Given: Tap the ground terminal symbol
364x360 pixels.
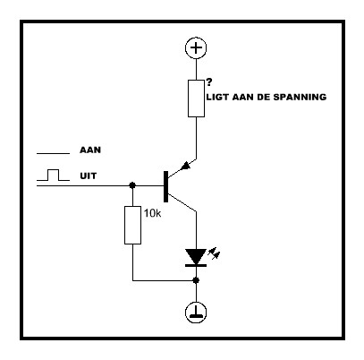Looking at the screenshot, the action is point(196,313).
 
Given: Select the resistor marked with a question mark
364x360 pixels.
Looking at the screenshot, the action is point(196,99).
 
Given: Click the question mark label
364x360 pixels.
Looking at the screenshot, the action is point(209,82).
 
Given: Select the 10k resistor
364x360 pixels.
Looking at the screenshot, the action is point(132,225).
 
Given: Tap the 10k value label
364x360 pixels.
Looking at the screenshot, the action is point(152,213).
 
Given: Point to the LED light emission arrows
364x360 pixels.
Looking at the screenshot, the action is point(214,253).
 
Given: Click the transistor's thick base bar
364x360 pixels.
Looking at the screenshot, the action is point(165,187).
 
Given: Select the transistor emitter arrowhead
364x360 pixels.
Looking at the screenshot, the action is point(186,166).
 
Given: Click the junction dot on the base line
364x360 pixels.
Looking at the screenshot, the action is point(132,185).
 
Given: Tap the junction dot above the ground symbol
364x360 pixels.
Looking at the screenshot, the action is point(196,280).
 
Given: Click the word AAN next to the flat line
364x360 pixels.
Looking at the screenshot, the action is point(90,150).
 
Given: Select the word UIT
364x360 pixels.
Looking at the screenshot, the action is point(89,176).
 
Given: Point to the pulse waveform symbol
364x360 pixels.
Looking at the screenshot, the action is point(53,176).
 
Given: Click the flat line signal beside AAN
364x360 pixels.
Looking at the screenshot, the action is point(53,154).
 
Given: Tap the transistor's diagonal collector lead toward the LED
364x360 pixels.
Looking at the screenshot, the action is point(182,202).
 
